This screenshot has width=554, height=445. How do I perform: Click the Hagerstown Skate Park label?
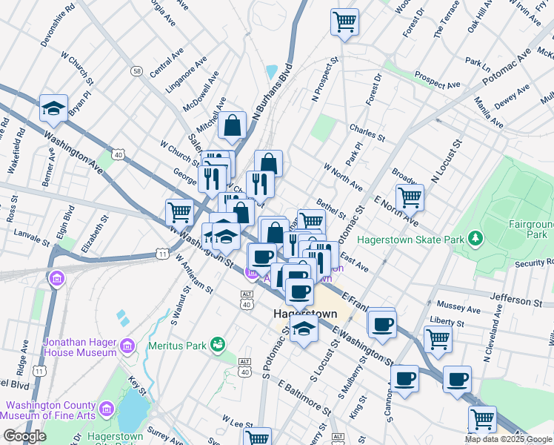click(410, 240)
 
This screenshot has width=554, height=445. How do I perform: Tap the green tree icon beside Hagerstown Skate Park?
click(475, 239)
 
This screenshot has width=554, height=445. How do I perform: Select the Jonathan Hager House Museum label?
click(70, 347)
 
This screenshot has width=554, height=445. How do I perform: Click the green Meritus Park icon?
click(217, 343)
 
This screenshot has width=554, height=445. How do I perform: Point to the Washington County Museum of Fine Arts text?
click(50, 412)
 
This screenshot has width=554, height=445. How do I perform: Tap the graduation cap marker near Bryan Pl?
click(54, 108)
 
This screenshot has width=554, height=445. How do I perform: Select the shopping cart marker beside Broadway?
click(410, 197)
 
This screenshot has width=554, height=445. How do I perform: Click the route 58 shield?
click(137, 70)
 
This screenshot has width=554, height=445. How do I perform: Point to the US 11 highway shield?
click(161, 254)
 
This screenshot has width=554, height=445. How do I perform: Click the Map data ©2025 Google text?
click(508, 439)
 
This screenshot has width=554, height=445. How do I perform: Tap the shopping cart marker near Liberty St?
click(438, 339)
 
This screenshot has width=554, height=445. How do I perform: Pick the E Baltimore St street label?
click(304, 397)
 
